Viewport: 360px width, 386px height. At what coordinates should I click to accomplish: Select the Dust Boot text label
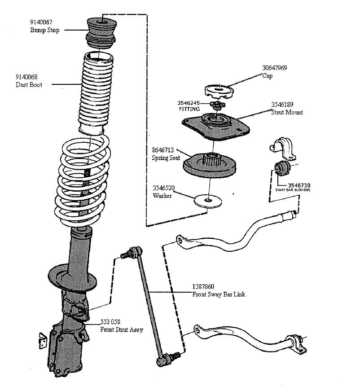29,84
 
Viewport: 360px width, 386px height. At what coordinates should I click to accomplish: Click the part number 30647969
275,68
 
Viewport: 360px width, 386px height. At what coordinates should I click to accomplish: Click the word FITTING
189,109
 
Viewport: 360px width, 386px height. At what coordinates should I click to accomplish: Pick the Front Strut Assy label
121,330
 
